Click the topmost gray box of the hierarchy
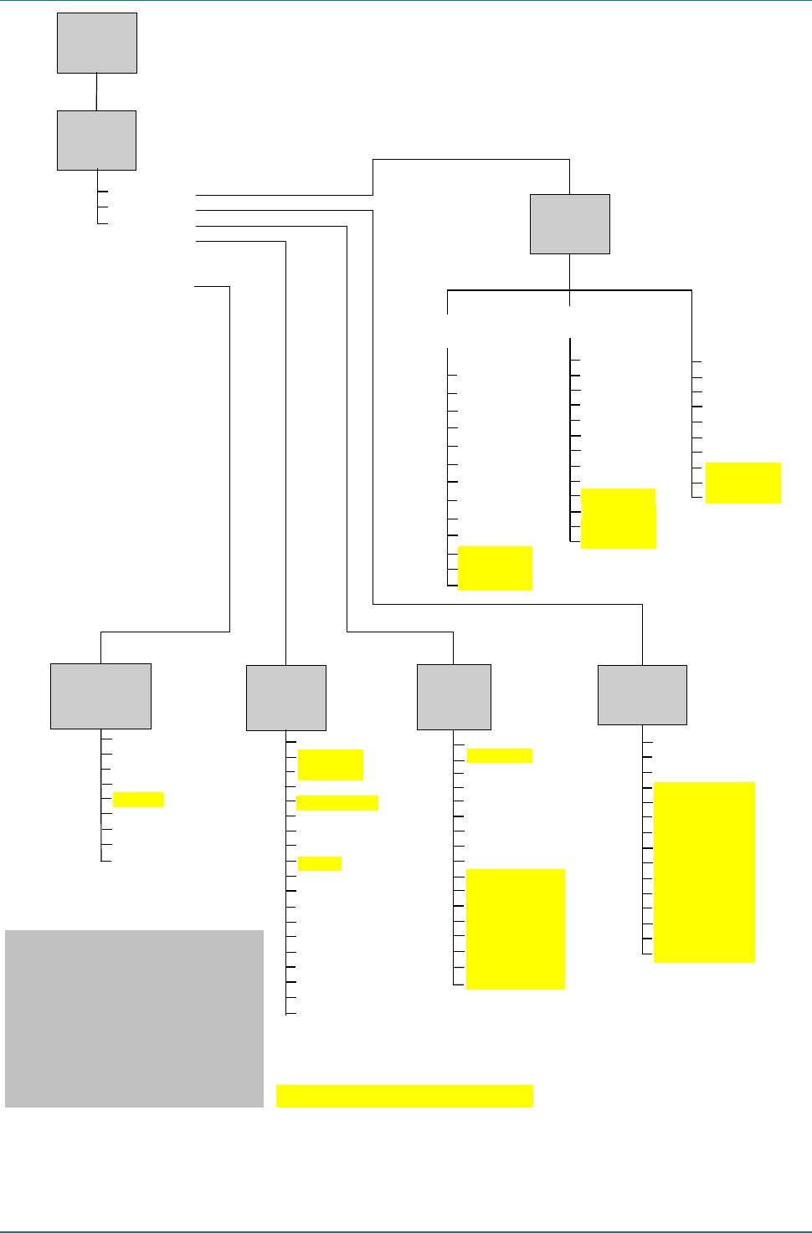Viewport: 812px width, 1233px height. point(97,43)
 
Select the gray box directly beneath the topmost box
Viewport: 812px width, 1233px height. point(96,141)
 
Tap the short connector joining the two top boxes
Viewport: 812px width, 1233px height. point(97,92)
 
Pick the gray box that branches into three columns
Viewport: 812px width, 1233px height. point(569,224)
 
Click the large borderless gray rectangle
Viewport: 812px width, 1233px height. point(134,1019)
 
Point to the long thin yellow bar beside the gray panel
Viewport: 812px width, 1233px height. point(404,1096)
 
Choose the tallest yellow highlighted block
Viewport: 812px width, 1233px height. point(704,872)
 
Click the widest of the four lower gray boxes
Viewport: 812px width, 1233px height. point(100,696)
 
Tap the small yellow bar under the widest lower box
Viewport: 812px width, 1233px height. point(138,800)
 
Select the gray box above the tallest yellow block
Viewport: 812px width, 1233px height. point(642,695)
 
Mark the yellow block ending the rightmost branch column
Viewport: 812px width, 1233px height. point(743,483)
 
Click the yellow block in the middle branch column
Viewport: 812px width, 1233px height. point(618,519)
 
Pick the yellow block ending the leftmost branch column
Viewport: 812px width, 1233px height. point(495,568)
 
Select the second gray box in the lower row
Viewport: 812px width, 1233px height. point(286,698)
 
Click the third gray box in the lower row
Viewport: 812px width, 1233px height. point(454,697)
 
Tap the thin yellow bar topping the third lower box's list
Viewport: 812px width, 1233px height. point(499,756)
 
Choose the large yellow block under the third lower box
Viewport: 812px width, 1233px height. point(516,929)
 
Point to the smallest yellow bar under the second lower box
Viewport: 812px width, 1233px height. point(319,864)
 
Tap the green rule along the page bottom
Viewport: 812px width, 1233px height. point(406,1230)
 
